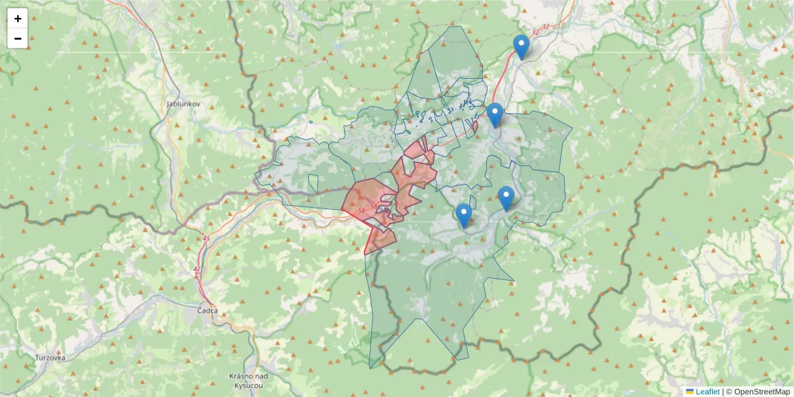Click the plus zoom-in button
tap(18, 19)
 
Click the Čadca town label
tap(208, 310)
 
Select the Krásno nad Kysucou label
tap(246, 380)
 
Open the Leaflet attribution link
tap(707, 392)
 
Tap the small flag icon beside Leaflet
tap(690, 392)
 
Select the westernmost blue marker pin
tap(464, 215)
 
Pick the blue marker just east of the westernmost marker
tap(506, 198)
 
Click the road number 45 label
tap(206, 238)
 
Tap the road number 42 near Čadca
tap(197, 269)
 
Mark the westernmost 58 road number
tap(361, 210)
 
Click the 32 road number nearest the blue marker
tap(535, 31)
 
